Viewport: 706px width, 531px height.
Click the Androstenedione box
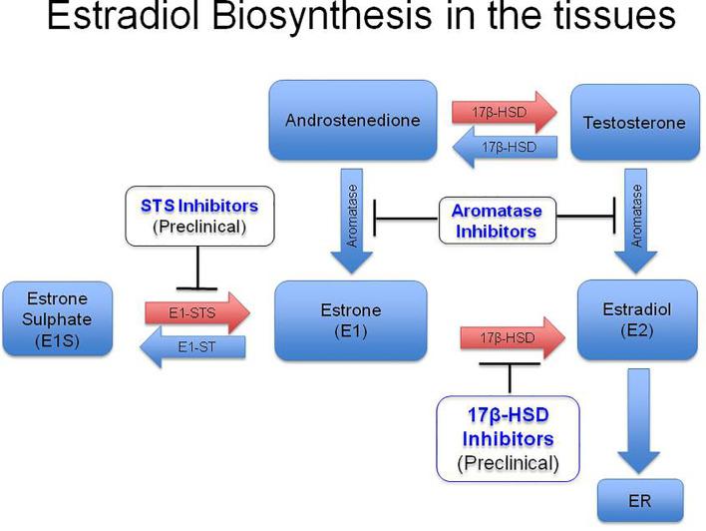point(353,121)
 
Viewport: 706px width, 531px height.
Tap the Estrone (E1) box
point(350,320)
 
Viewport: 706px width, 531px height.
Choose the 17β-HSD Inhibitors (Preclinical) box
point(509,437)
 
